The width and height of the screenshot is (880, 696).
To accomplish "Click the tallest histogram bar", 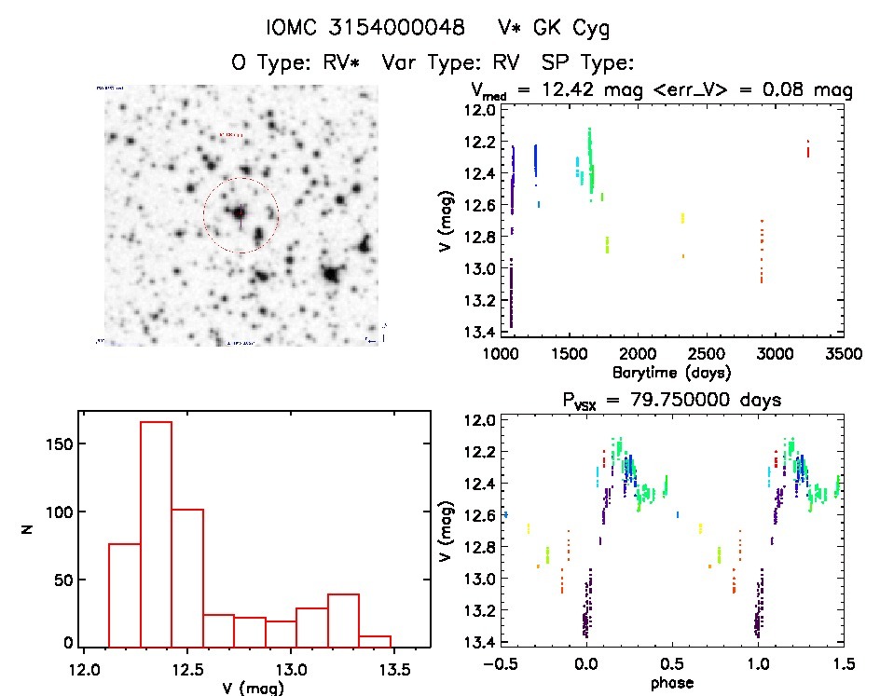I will (156, 533).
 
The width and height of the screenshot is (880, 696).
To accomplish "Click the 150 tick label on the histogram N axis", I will (59, 444).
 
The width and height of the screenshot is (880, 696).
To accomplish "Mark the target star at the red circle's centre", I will (240, 213).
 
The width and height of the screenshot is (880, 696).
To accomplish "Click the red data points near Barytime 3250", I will (808, 148).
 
